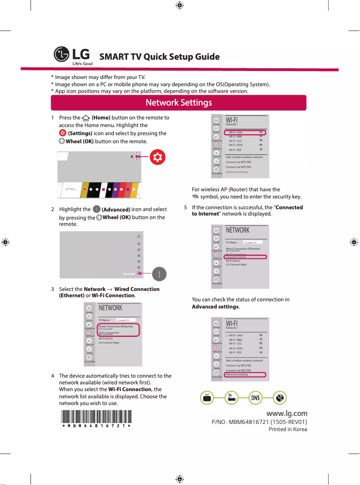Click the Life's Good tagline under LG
[x=80, y=64]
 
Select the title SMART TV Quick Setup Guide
[x=159, y=57]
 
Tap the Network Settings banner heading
[x=179, y=103]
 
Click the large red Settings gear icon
[x=157, y=157]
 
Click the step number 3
[x=53, y=289]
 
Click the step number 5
[x=186, y=207]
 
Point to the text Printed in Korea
[x=288, y=429]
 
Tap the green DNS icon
[x=255, y=398]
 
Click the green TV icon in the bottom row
[x=206, y=398]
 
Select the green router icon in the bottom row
[x=231, y=398]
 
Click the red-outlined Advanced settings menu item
[x=245, y=375]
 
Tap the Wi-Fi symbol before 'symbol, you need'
[x=195, y=197]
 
